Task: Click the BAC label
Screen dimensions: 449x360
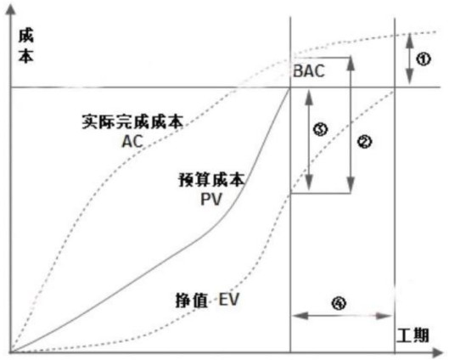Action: pyautogui.click(x=309, y=70)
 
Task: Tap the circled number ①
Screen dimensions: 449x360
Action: pyautogui.click(x=424, y=59)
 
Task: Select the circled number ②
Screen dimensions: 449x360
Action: pyautogui.click(x=364, y=142)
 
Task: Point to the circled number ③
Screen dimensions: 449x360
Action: pyautogui.click(x=321, y=129)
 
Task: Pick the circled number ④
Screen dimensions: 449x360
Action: pyautogui.click(x=339, y=303)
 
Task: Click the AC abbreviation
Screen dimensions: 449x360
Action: pyautogui.click(x=132, y=141)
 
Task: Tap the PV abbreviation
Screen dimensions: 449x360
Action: pyautogui.click(x=211, y=200)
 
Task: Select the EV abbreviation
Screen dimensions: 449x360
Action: pyautogui.click(x=228, y=300)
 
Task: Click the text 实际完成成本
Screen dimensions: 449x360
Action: pyautogui.click(x=132, y=121)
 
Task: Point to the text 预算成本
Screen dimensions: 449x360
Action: pyautogui.click(x=212, y=180)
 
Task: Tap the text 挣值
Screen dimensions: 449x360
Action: pyautogui.click(x=192, y=301)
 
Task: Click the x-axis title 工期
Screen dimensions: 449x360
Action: pyautogui.click(x=413, y=335)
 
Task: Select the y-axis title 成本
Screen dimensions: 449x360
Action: pyautogui.click(x=26, y=46)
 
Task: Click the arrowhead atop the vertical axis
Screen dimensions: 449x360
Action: pyautogui.click(x=10, y=10)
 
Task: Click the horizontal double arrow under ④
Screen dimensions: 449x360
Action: pyautogui.click(x=342, y=316)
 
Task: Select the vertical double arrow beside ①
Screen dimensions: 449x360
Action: pyautogui.click(x=410, y=59)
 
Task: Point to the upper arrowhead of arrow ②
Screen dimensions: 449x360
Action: pyautogui.click(x=351, y=65)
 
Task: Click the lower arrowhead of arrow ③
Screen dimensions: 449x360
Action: pyautogui.click(x=309, y=183)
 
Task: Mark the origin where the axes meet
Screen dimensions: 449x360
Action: pyautogui.click(x=10, y=352)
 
